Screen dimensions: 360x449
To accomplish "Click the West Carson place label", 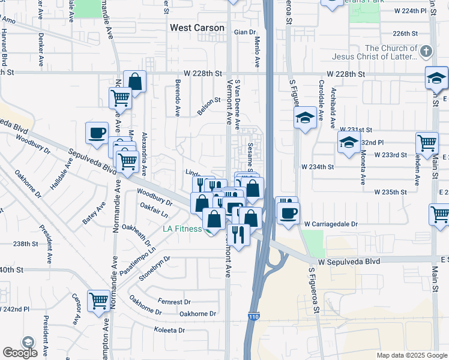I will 197,28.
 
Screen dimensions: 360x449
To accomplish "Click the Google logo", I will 20,353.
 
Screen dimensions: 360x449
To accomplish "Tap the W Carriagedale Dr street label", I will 331,224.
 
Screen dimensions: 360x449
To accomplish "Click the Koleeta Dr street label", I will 169,330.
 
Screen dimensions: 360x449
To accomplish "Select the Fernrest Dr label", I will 174,302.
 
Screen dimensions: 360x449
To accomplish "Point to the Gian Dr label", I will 245,32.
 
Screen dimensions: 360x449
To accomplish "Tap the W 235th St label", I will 390,192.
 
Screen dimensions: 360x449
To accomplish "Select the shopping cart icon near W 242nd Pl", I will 98,301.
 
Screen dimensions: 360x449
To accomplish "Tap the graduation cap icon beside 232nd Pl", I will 348,143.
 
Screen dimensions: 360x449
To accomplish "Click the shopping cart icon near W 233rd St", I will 427,143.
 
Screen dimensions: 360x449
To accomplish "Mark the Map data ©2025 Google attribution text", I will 411,355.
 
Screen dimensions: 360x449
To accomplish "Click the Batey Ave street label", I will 94,213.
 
